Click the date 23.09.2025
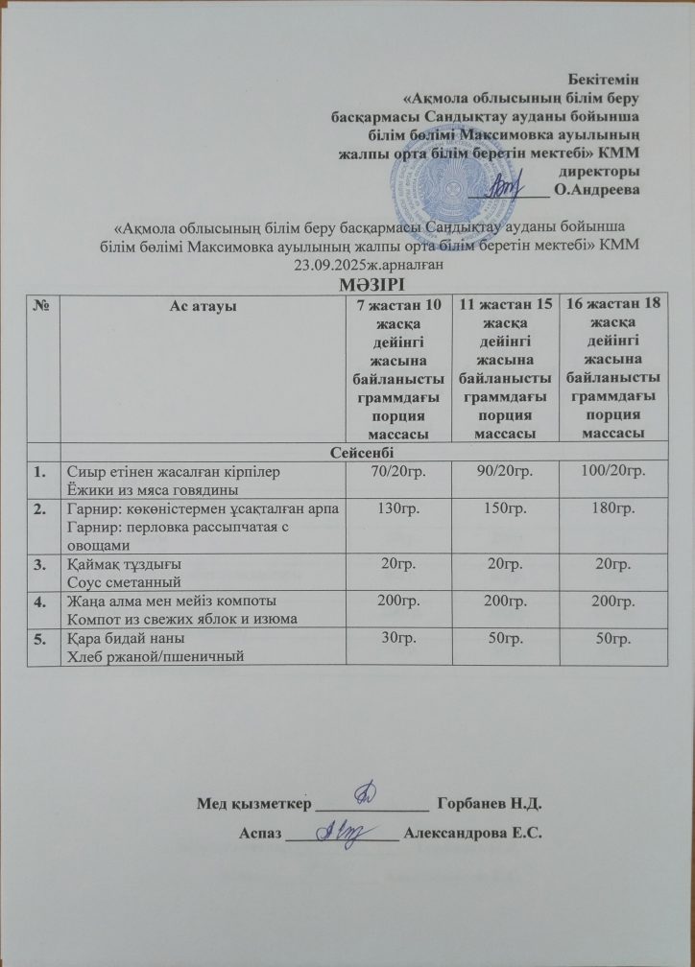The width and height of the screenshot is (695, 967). [331, 264]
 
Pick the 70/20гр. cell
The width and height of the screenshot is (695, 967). [394, 471]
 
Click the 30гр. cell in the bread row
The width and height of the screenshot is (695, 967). [394, 637]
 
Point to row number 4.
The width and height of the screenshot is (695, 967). [40, 601]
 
